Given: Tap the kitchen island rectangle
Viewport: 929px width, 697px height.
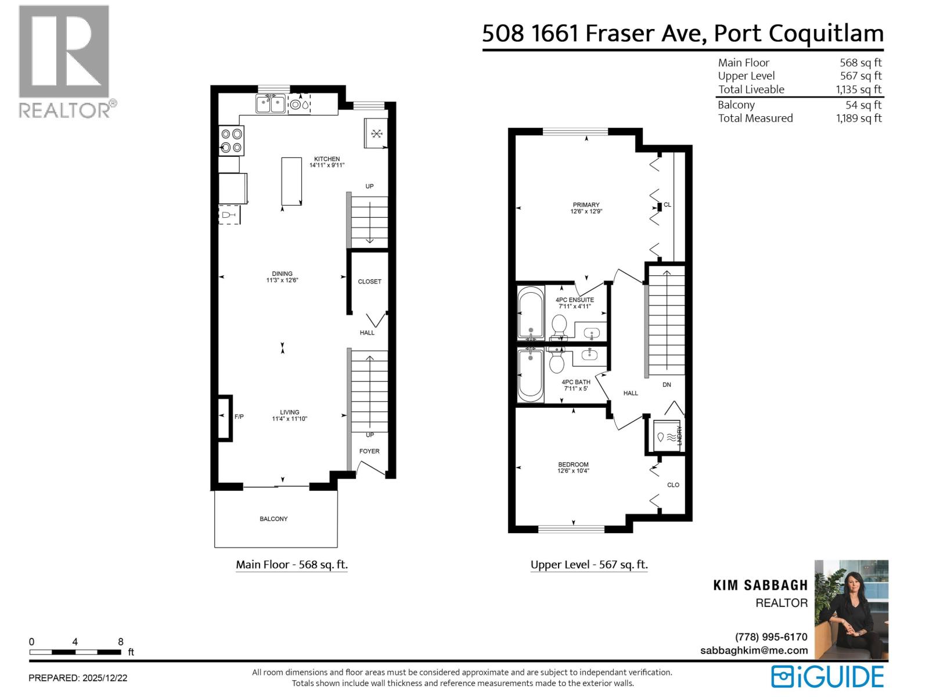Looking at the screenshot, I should tap(291, 181).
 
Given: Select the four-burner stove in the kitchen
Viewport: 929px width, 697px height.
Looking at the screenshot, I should tap(231, 141).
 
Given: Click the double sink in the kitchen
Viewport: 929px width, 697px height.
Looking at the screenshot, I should tap(271, 105).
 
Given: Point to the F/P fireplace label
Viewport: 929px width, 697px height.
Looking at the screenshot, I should tap(239, 416).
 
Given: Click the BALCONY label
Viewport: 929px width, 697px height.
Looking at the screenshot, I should tap(273, 519).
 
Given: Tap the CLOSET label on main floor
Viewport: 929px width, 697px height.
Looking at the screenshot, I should tap(369, 282).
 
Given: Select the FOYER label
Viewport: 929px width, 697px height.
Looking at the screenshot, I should tap(369, 451).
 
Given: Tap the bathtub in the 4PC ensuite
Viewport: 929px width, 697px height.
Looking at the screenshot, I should tap(531, 314).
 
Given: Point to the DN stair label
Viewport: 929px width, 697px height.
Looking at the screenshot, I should tap(667, 385).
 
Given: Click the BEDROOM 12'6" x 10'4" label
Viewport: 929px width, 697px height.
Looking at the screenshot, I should tap(573, 468).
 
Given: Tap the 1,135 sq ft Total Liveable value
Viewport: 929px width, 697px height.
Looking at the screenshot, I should tap(858, 89).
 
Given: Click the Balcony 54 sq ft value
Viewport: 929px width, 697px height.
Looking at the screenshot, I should tap(863, 105).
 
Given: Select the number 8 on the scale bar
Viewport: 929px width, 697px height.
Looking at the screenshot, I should tap(121, 642).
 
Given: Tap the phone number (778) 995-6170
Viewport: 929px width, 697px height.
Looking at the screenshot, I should tap(770, 637).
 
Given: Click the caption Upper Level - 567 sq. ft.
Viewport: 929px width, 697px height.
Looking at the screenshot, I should tap(589, 565).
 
